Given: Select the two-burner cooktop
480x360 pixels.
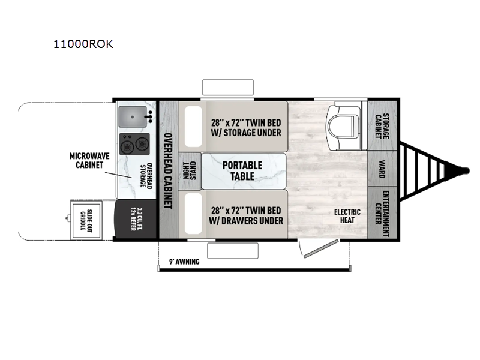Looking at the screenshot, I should point(134,143).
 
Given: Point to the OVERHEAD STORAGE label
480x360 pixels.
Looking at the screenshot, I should point(146,175).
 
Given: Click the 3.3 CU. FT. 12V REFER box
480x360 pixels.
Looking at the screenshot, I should point(136,220).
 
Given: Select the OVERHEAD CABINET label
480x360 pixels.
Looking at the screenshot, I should point(169,170).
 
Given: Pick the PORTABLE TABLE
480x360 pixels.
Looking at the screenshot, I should point(244,171).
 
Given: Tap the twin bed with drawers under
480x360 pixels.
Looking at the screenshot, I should point(245,215).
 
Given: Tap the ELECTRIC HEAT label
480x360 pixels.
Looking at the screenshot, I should point(347,216).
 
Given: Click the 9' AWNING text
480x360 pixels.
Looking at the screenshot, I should point(184,262).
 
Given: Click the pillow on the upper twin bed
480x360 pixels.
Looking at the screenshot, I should point(193,127).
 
